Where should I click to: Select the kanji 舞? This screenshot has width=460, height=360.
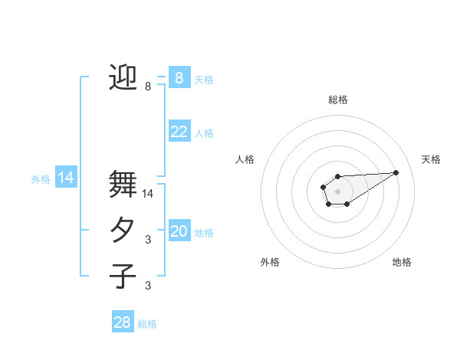(x=123, y=184)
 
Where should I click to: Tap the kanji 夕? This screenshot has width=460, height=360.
(x=123, y=231)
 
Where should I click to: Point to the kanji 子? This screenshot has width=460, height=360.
(x=123, y=277)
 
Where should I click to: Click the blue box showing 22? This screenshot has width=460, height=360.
(x=179, y=132)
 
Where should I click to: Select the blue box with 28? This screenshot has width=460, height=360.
(x=123, y=322)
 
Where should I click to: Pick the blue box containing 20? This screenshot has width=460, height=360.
(x=179, y=231)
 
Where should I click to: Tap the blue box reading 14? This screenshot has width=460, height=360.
(x=66, y=178)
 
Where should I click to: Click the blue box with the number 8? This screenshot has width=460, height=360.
(x=179, y=78)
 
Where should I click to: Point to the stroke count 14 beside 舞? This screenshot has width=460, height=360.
(x=149, y=194)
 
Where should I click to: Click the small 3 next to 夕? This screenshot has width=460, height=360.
(x=148, y=240)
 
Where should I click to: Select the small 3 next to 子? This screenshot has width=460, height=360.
(x=148, y=286)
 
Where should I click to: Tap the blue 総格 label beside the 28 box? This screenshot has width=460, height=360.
(x=147, y=324)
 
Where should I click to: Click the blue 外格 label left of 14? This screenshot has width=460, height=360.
(x=41, y=179)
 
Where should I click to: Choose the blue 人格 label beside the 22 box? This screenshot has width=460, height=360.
(x=204, y=133)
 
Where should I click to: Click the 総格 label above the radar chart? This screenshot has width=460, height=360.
(x=338, y=100)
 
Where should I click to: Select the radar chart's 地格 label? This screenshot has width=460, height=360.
(x=402, y=262)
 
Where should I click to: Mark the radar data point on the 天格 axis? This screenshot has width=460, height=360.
(x=396, y=172)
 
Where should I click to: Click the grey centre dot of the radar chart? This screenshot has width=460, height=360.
(x=337, y=191)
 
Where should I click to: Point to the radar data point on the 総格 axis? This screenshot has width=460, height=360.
(x=337, y=176)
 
